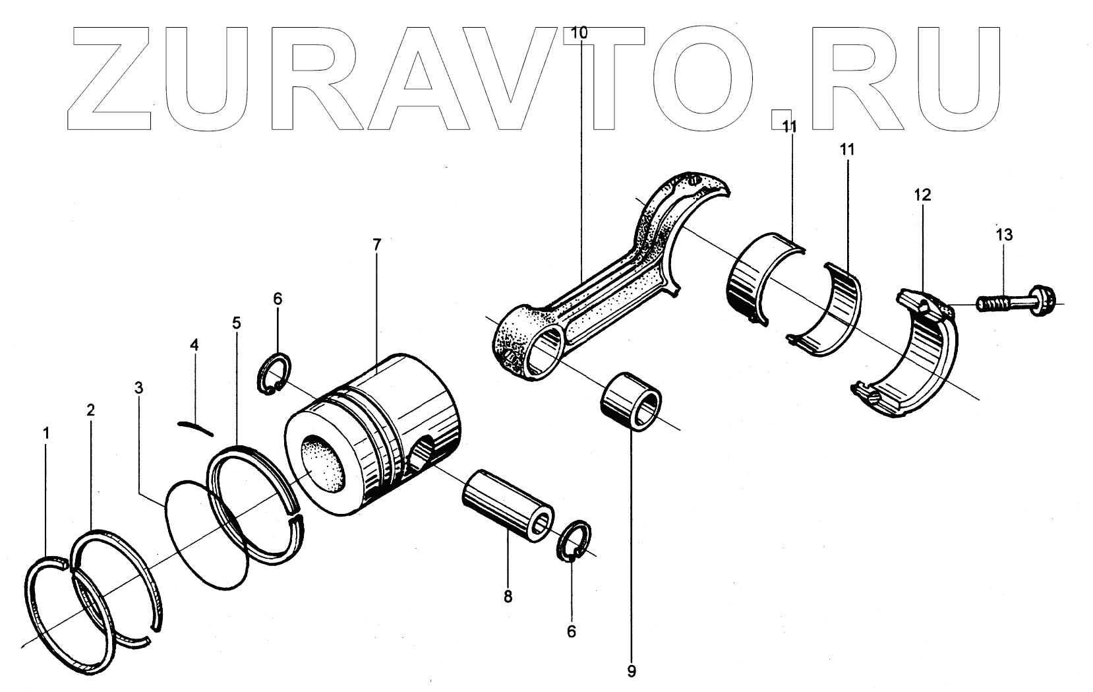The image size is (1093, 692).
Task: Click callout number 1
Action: coord(46,433)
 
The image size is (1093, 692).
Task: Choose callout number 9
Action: coord(632,672)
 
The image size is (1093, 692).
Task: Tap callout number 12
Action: coord(922,195)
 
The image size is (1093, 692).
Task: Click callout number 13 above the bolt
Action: coord(1004,234)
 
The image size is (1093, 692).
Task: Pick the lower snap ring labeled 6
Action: coord(576,541)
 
